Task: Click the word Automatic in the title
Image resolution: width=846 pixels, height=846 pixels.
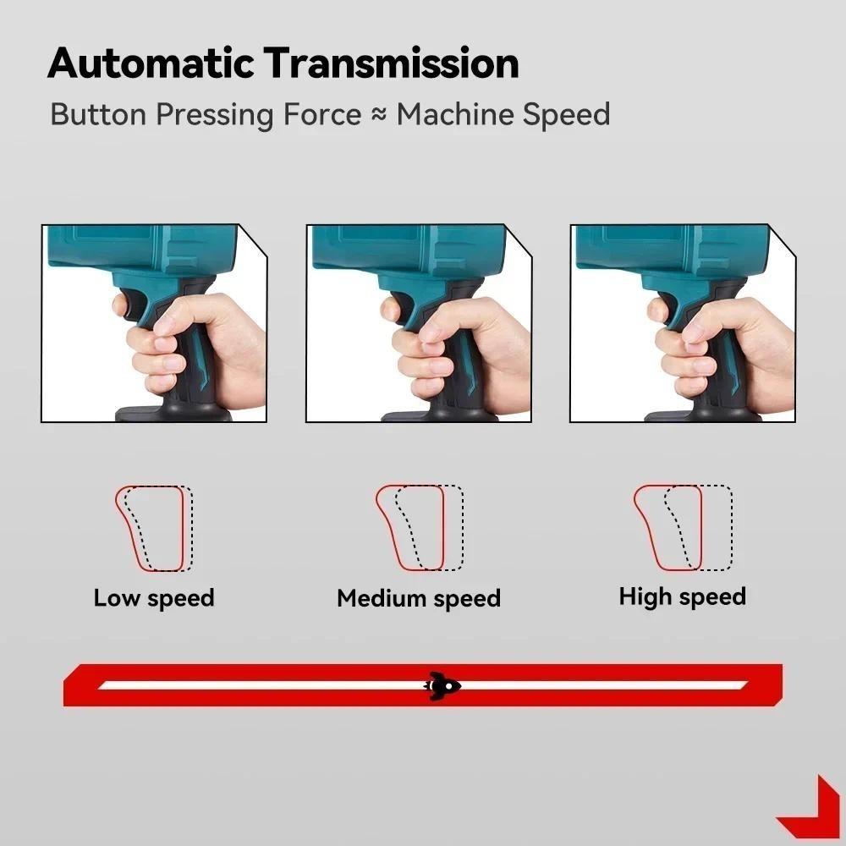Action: pos(151,64)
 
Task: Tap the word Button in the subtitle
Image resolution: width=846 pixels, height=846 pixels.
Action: pos(100,114)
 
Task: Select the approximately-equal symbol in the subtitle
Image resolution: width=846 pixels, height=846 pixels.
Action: pos(378,115)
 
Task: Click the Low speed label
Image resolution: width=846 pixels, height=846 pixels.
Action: pos(154,598)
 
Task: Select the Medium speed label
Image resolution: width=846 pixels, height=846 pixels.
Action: pos(419,599)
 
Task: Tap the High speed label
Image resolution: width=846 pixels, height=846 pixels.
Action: pos(682,596)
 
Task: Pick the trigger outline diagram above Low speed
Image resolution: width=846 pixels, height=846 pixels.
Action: pos(154,529)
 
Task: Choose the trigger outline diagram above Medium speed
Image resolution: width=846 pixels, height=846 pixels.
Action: pos(420,529)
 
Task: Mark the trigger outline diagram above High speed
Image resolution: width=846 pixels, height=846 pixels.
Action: pos(683,529)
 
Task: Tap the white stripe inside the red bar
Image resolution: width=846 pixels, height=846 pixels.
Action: pos(254,684)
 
